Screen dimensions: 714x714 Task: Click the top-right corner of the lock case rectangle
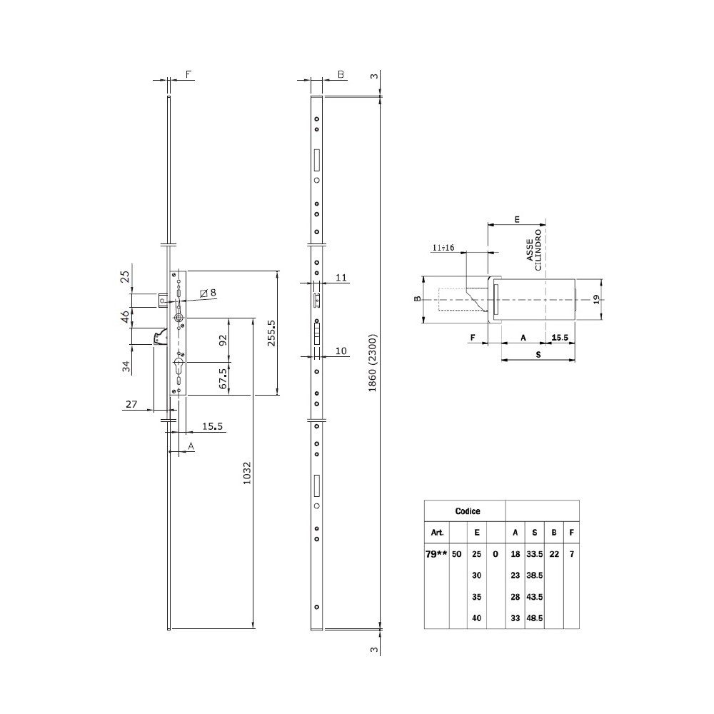(186, 271)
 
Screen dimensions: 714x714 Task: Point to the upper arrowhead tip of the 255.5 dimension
(277, 271)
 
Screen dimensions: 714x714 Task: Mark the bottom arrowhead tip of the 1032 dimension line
(253, 628)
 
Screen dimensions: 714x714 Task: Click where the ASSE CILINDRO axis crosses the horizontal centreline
(545, 300)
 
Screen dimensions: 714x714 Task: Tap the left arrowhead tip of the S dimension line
(501, 360)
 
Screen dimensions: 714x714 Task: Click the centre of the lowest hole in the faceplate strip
(317, 607)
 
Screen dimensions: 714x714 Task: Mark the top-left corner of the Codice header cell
(424, 501)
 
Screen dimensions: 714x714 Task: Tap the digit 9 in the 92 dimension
(223, 343)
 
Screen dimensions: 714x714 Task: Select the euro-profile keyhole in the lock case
(178, 366)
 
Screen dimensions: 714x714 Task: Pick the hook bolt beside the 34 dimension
(160, 336)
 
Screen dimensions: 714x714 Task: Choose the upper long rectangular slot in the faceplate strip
(317, 160)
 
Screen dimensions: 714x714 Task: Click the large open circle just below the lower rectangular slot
(317, 506)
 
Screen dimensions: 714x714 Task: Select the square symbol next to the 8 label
(203, 293)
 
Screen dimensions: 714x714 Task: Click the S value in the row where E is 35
(535, 596)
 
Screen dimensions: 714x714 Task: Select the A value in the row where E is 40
(515, 618)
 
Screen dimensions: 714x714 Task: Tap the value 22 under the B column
(554, 554)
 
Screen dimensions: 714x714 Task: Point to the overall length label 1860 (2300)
(373, 363)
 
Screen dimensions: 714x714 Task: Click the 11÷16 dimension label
(443, 248)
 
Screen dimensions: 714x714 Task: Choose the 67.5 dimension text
(223, 378)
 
